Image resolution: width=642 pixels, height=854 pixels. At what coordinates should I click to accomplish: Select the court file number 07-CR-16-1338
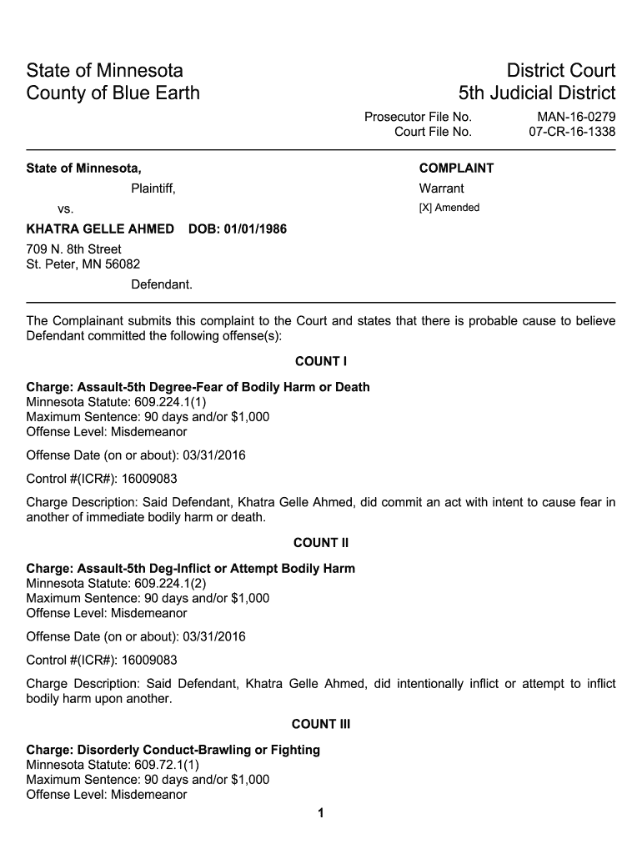[x=572, y=132]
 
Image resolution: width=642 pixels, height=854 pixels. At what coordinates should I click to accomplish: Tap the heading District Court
[x=553, y=70]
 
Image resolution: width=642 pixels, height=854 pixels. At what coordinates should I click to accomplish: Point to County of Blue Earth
[x=113, y=93]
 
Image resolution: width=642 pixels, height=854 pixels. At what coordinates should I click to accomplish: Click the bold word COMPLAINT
[x=456, y=168]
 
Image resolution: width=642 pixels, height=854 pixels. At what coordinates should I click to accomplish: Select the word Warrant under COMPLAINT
[x=441, y=188]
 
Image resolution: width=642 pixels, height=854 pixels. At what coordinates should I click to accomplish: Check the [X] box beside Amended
[x=424, y=208]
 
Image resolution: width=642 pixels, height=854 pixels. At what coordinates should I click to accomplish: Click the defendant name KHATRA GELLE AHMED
[x=101, y=229]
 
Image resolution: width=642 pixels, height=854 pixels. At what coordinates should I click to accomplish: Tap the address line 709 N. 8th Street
[x=74, y=249]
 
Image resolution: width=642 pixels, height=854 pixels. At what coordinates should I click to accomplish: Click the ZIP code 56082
[x=123, y=264]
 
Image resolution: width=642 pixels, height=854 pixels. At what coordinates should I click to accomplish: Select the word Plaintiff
[x=153, y=188]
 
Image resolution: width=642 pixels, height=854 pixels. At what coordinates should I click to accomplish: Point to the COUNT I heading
[x=321, y=362]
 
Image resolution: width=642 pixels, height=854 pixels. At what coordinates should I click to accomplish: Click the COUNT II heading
[x=321, y=543]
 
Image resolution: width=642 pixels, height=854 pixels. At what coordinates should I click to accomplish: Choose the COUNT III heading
[x=321, y=724]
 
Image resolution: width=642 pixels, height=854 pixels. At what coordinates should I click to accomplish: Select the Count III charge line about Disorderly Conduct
[x=173, y=750]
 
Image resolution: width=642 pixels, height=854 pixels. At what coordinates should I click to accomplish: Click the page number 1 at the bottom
[x=321, y=813]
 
